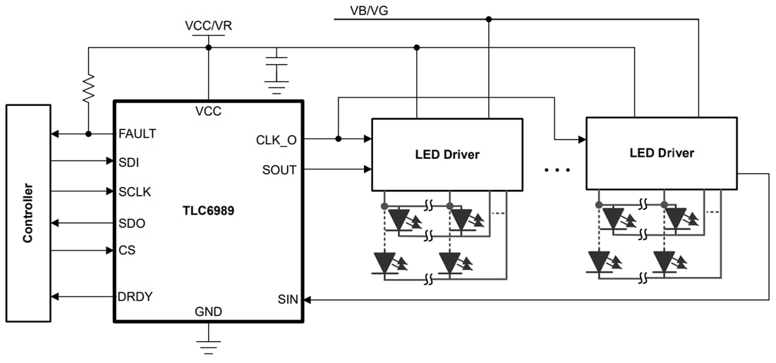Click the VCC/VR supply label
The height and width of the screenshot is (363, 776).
[208, 26]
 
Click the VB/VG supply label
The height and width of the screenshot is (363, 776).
[368, 10]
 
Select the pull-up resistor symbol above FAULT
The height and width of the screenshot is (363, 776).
[88, 89]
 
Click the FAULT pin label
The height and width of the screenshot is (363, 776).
[138, 133]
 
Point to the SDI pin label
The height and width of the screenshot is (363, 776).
[128, 162]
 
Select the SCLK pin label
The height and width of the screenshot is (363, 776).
[135, 191]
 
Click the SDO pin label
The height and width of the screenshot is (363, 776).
[132, 223]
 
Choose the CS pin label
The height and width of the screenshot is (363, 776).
[127, 250]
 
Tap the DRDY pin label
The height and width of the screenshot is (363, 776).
[135, 297]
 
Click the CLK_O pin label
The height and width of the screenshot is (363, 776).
[276, 139]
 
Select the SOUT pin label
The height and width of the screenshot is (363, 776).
[279, 169]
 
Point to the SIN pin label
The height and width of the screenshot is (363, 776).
[287, 299]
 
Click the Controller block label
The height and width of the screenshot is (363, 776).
[28, 213]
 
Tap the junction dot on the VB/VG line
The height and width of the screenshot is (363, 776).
[488, 19]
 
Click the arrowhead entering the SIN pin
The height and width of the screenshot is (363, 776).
[308, 299]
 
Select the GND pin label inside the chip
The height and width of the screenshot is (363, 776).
[208, 311]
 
